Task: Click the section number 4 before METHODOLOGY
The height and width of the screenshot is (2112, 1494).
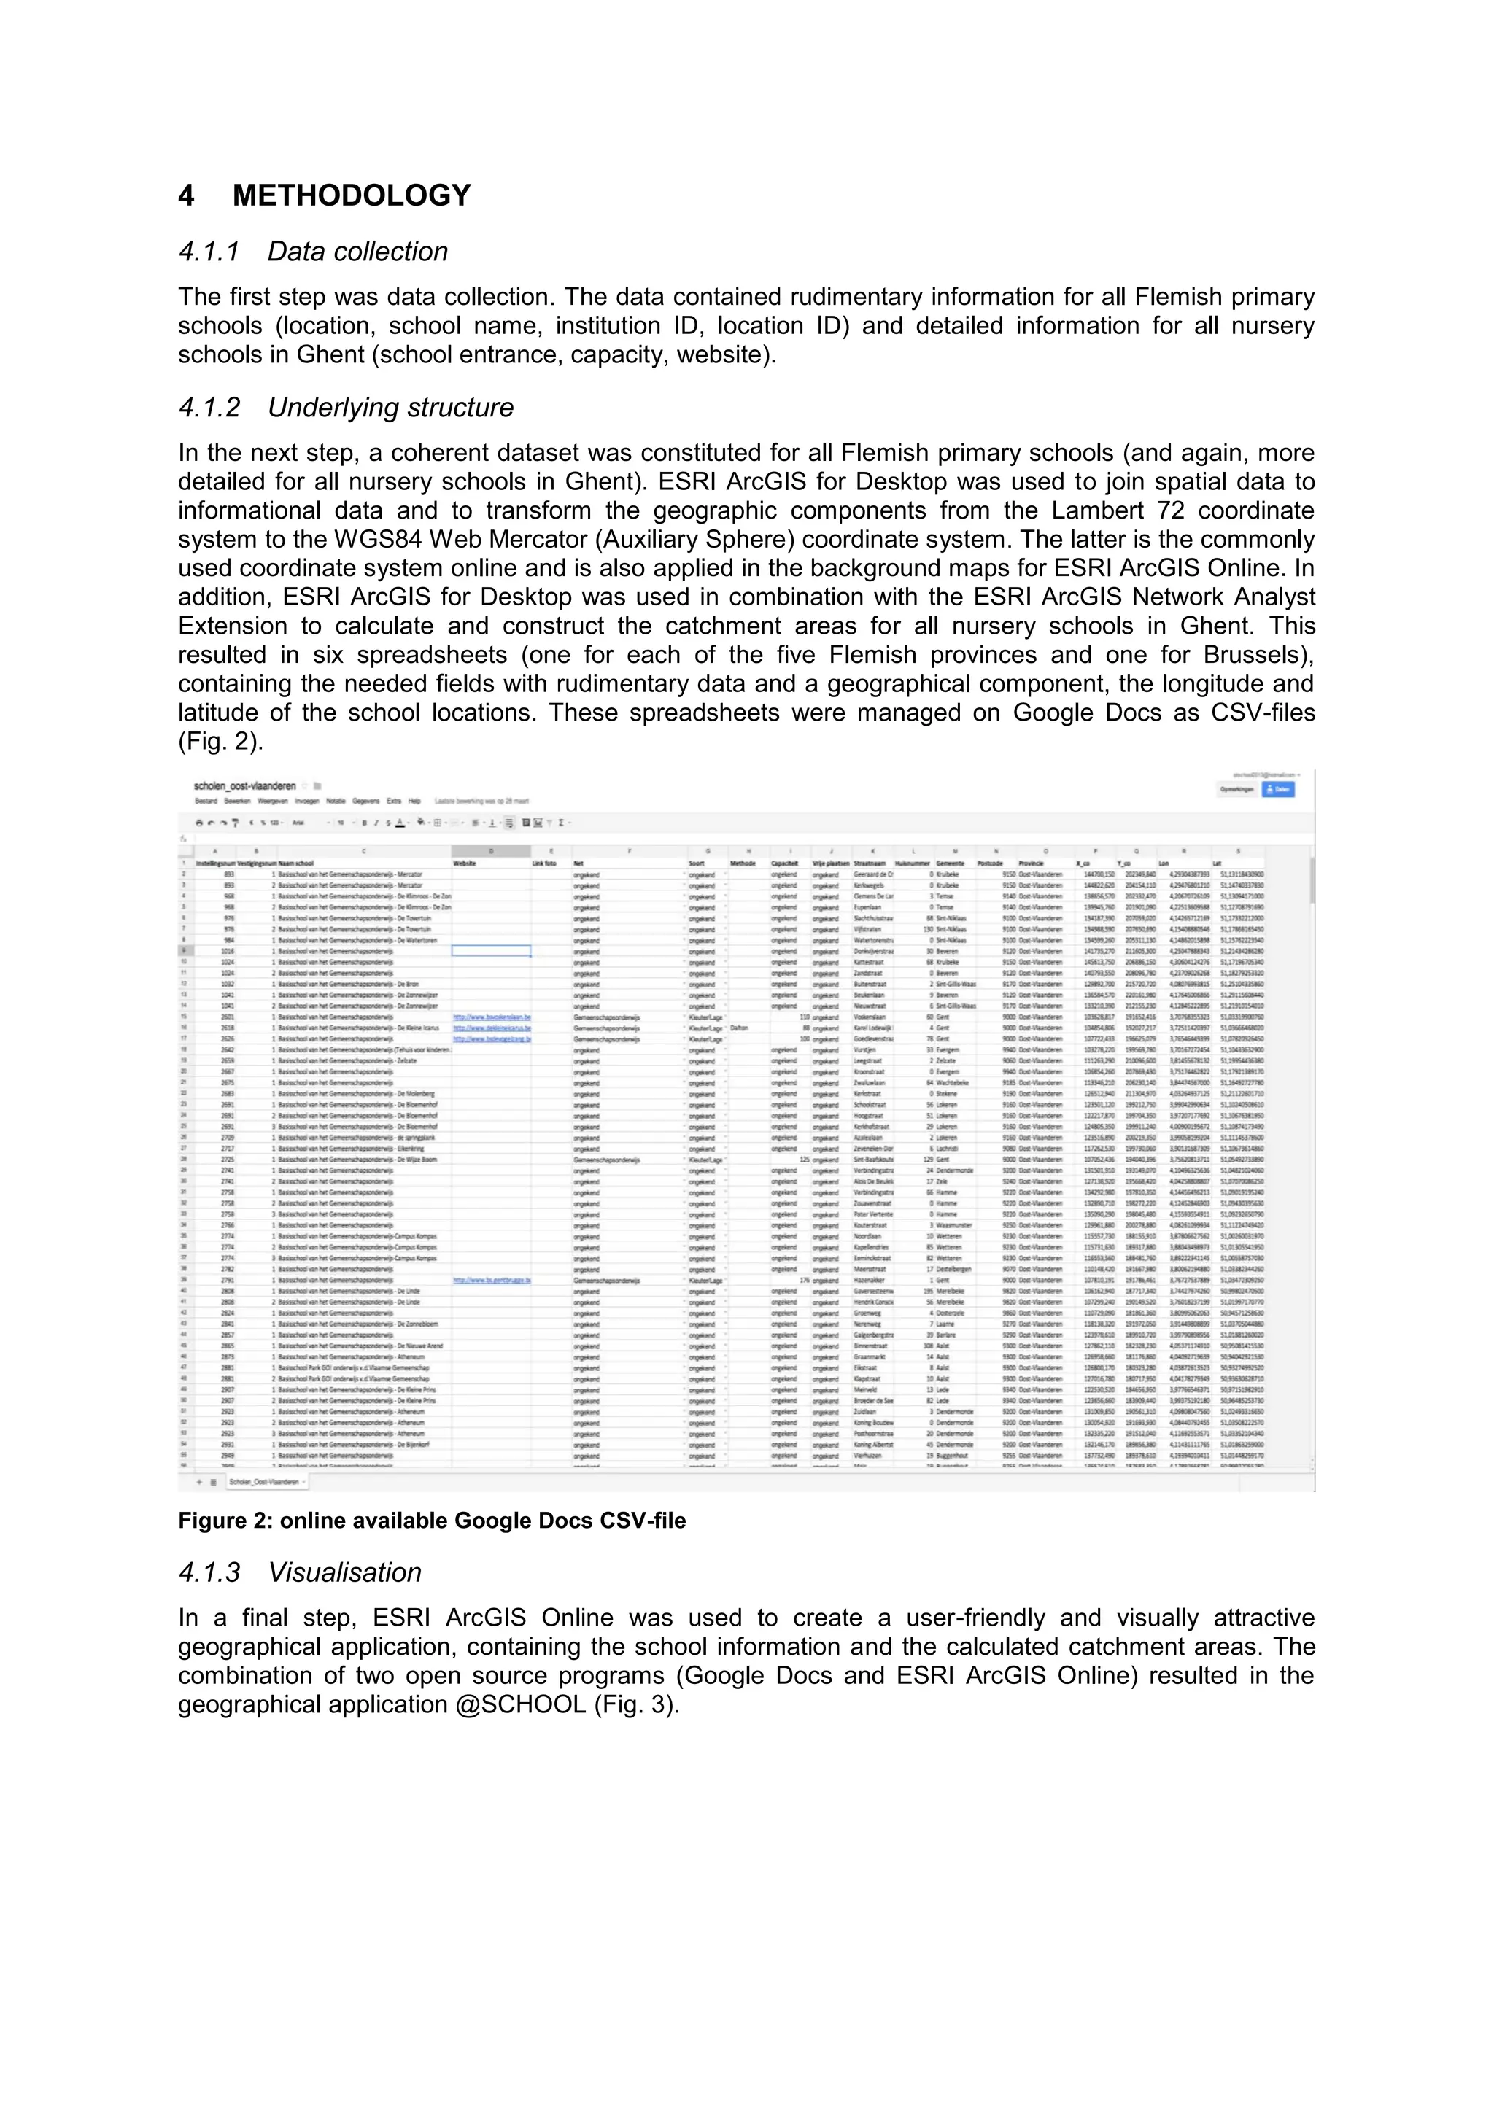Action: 187,196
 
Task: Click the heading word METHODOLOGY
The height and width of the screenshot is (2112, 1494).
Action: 352,196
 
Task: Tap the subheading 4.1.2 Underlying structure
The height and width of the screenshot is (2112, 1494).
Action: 346,408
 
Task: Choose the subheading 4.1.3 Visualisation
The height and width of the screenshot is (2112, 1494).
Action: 300,1572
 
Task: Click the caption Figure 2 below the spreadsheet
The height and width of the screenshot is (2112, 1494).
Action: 431,1521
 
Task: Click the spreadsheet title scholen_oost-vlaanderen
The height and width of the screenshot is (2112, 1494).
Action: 244,786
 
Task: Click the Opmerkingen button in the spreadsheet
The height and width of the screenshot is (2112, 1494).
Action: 1236,789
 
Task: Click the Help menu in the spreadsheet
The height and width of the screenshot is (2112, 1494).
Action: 415,801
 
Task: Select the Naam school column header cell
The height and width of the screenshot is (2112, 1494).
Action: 296,863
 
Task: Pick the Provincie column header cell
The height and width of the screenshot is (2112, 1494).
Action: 1032,863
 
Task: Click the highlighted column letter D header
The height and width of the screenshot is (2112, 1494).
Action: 490,852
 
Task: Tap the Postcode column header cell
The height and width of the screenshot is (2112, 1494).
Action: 990,863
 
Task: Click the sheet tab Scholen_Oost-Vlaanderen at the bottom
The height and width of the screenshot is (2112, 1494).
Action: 267,1482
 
